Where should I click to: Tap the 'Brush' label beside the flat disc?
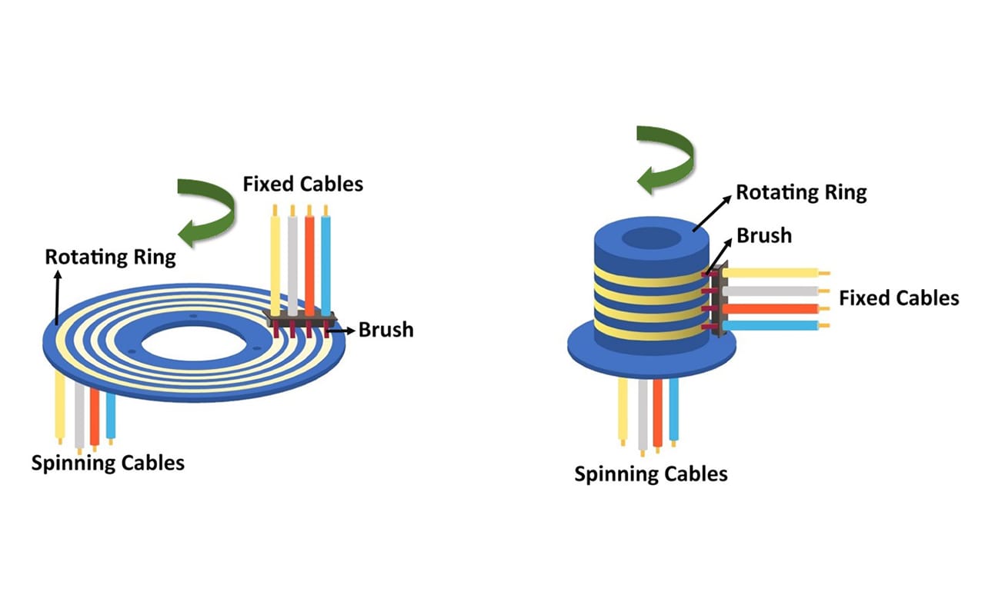pyautogui.click(x=386, y=330)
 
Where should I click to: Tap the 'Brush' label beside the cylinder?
pyautogui.click(x=764, y=235)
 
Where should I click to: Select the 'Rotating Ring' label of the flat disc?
pyautogui.click(x=110, y=257)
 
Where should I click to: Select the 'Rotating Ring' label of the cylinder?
pyautogui.click(x=801, y=192)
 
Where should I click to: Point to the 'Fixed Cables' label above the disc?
pyautogui.click(x=302, y=184)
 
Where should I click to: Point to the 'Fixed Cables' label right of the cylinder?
pyautogui.click(x=899, y=298)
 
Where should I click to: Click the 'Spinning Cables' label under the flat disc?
pyautogui.click(x=108, y=463)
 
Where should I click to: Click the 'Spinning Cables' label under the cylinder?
pyautogui.click(x=651, y=474)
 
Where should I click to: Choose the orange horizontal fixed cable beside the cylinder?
pyautogui.click(x=770, y=309)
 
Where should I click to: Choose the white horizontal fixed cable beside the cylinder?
pyautogui.click(x=770, y=291)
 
